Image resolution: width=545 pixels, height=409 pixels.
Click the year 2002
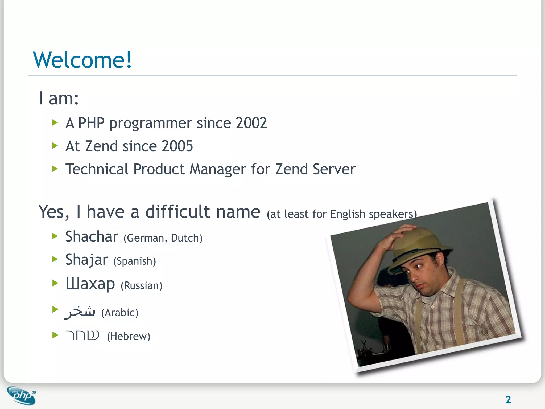pyautogui.click(x=251, y=123)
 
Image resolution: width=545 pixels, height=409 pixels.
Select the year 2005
pyautogui.click(x=177, y=146)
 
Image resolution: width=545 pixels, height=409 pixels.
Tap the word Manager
pyautogui.click(x=217, y=169)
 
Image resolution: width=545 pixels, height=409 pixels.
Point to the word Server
pyautogui.click(x=334, y=169)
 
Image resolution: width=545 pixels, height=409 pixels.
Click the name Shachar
pyautogui.click(x=92, y=236)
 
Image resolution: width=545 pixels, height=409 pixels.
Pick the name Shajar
pyautogui.click(x=87, y=260)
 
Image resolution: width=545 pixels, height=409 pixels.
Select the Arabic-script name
pyautogui.click(x=80, y=312)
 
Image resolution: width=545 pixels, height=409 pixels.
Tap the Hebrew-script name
pyautogui.click(x=82, y=336)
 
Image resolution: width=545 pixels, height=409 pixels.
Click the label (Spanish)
pyautogui.click(x=135, y=261)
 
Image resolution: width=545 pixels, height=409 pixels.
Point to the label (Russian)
pyautogui.click(x=141, y=286)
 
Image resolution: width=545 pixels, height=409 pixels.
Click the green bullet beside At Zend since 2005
pyautogui.click(x=55, y=146)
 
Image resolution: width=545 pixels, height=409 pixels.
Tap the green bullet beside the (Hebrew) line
pyautogui.click(x=55, y=335)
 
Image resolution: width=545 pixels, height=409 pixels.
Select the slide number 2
pyautogui.click(x=508, y=400)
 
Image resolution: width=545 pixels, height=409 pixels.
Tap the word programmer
pyautogui.click(x=151, y=124)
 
